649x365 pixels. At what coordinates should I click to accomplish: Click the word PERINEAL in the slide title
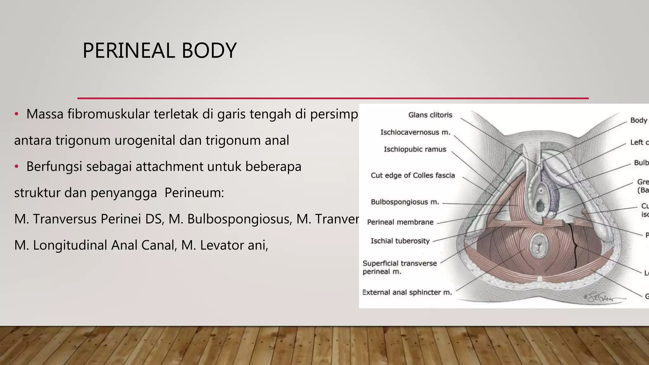click(x=128, y=51)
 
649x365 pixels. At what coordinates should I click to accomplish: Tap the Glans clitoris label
click(x=430, y=115)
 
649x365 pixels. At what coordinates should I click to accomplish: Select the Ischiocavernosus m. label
click(x=415, y=132)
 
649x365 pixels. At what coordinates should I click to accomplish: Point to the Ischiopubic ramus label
click(x=415, y=149)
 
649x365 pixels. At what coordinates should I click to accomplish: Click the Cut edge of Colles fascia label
click(x=413, y=175)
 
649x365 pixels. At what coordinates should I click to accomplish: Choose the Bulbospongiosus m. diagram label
click(x=405, y=202)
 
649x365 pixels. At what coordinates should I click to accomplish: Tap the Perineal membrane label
click(x=400, y=222)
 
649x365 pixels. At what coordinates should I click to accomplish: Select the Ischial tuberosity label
click(x=400, y=241)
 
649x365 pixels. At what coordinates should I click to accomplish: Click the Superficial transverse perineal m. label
click(x=399, y=267)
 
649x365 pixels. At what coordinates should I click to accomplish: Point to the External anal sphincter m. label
click(x=407, y=292)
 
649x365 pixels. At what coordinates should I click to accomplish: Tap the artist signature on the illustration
click(x=601, y=297)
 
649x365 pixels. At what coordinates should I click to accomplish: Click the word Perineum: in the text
click(x=194, y=193)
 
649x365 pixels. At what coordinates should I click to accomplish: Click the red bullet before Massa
click(x=17, y=114)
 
